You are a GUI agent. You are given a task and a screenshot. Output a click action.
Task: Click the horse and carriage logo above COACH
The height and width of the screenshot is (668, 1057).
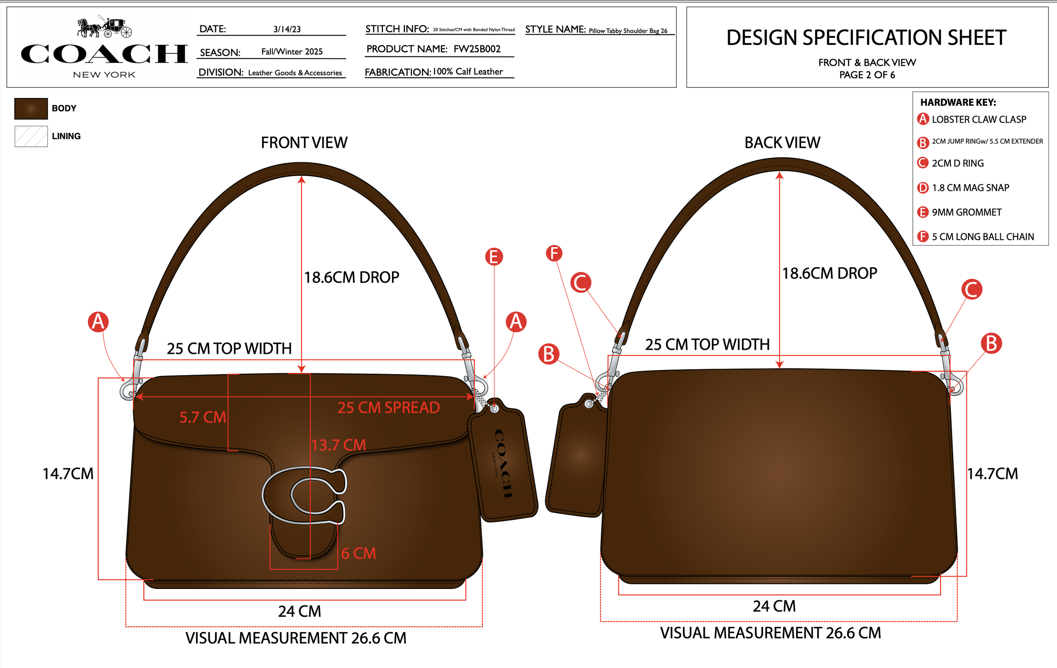(104, 27)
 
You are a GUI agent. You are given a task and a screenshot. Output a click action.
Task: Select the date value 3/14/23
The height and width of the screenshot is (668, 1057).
(287, 30)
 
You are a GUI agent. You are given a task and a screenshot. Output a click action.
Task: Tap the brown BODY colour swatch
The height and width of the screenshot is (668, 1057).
(31, 108)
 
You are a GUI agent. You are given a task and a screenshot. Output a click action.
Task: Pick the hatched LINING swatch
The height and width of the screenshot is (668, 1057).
(31, 136)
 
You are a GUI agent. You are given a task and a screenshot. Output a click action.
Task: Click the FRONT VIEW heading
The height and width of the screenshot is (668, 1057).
(304, 142)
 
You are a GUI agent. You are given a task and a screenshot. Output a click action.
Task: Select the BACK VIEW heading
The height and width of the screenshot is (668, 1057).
(782, 142)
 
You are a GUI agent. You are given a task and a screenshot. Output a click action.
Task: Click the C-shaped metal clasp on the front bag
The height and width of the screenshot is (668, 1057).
(304, 495)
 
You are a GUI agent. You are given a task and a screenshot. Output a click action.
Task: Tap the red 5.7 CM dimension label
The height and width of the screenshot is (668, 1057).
(203, 417)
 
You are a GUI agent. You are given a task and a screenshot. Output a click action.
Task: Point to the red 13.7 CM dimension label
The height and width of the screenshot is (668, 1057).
(338, 445)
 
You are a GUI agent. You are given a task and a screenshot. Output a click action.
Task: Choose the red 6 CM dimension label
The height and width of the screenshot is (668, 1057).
(358, 553)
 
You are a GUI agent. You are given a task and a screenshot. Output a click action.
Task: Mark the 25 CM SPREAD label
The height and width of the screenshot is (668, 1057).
(388, 408)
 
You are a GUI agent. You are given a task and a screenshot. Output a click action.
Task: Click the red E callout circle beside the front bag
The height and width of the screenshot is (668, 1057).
(494, 257)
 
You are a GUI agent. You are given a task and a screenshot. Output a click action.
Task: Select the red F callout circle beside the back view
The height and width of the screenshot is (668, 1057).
(554, 253)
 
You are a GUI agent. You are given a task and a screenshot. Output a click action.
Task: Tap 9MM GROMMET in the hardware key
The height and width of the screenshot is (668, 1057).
(966, 212)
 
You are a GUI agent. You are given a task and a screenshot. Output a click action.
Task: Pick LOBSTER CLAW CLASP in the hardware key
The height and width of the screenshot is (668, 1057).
(978, 119)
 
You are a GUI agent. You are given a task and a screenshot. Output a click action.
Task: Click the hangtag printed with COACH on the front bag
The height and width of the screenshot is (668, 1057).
(503, 463)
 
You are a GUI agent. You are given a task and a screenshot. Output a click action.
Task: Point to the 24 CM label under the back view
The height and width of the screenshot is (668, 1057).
(774, 606)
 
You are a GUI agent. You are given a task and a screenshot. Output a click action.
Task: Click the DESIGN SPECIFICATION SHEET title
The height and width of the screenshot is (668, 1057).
(866, 38)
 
